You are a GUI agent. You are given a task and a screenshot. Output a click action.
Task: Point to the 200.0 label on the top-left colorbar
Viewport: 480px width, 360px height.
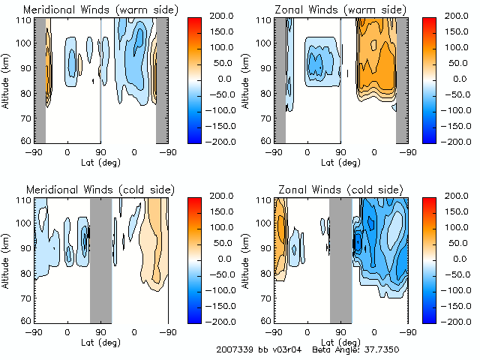click(x=222, y=16)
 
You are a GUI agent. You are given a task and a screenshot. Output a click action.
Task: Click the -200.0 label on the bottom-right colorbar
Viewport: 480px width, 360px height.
click(x=459, y=321)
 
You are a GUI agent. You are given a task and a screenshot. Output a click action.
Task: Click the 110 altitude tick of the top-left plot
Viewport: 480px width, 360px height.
click(x=25, y=19)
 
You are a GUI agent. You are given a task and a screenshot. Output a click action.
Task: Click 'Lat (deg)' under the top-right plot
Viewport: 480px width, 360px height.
click(x=340, y=162)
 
